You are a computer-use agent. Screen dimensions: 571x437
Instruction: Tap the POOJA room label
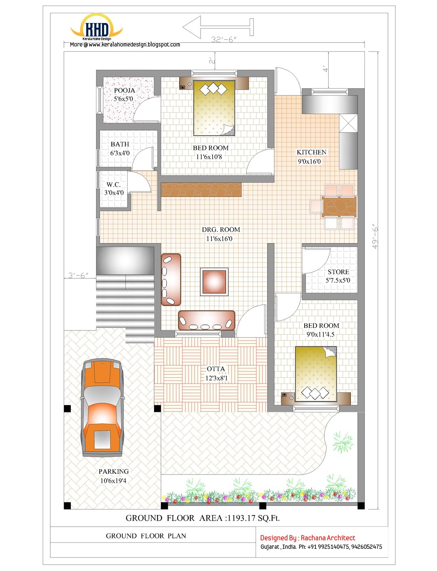click(x=124, y=90)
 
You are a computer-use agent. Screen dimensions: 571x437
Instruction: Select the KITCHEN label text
click(x=312, y=152)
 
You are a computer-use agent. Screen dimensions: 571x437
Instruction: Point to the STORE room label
click(x=338, y=272)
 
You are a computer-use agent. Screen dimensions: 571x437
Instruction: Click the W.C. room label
click(x=114, y=185)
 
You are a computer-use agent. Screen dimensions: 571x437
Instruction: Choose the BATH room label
click(x=119, y=144)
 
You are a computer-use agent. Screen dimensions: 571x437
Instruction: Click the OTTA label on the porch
click(x=216, y=369)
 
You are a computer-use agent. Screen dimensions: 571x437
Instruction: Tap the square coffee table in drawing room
click(x=214, y=281)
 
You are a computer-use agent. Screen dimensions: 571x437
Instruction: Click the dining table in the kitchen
click(x=339, y=207)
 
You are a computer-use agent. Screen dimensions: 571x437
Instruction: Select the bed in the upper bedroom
click(x=214, y=108)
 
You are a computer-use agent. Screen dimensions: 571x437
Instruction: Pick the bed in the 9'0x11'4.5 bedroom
click(x=316, y=374)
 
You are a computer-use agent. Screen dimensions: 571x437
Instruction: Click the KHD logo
click(x=97, y=29)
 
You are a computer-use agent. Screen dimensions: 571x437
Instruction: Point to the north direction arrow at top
click(x=218, y=27)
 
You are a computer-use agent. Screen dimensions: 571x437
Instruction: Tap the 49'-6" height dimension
click(x=375, y=237)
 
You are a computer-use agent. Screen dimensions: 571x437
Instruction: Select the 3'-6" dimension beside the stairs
click(x=78, y=275)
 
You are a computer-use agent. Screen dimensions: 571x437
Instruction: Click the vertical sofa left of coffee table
click(x=171, y=279)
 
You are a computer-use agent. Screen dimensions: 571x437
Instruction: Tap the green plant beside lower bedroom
click(x=343, y=442)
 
